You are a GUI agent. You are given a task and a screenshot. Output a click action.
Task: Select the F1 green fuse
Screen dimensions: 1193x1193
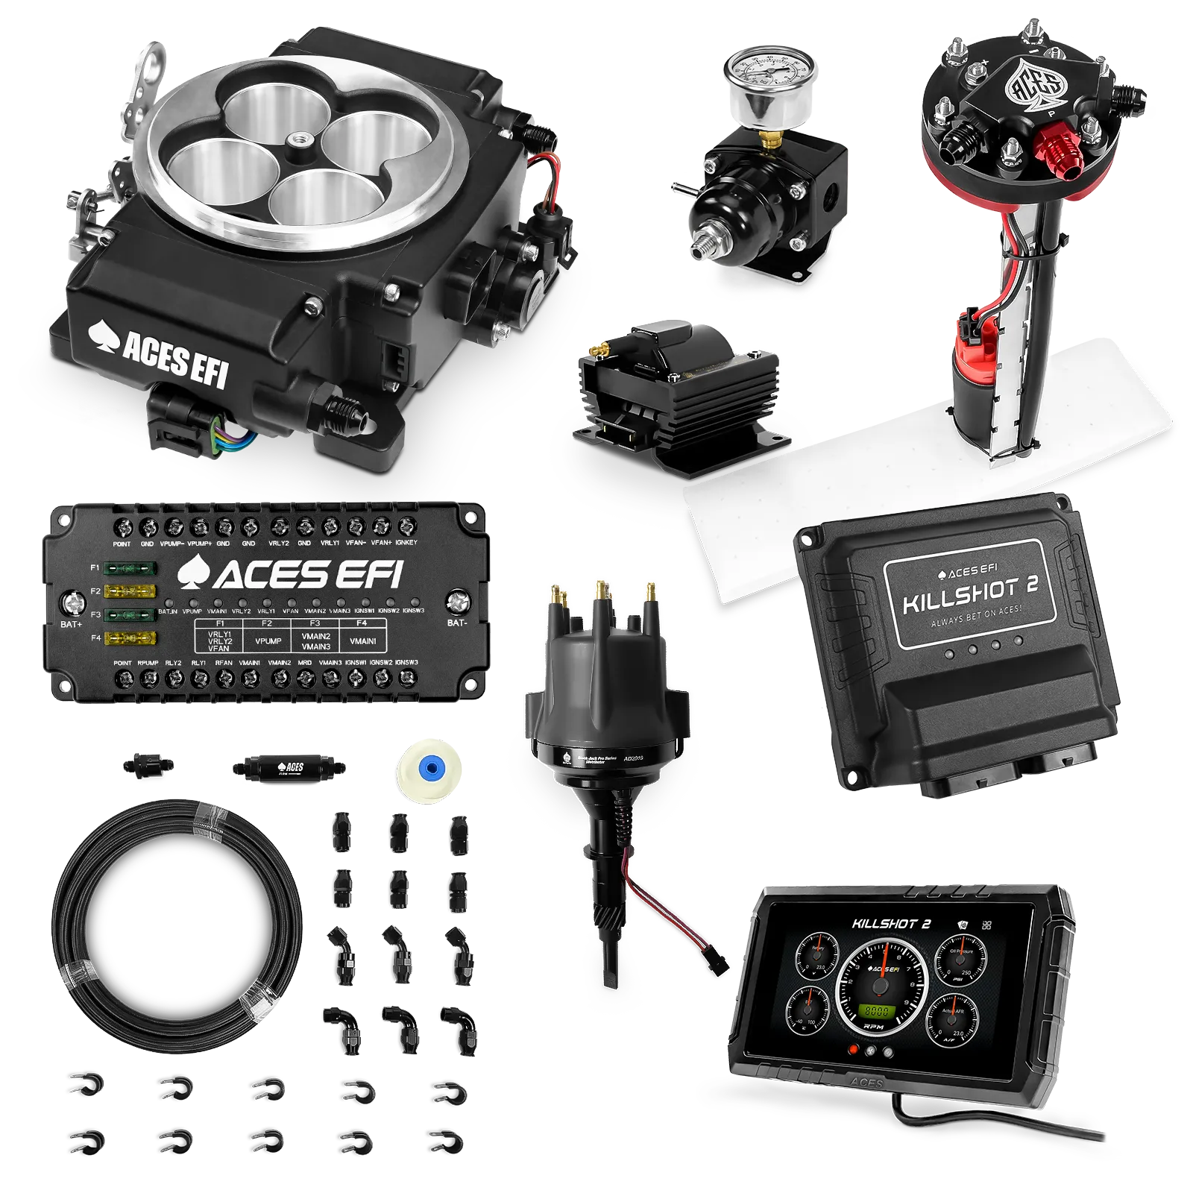tap(130, 568)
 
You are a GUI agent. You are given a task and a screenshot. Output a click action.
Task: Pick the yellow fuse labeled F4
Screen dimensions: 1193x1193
tap(130, 638)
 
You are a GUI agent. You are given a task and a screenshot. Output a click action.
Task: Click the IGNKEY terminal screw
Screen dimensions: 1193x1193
tap(406, 526)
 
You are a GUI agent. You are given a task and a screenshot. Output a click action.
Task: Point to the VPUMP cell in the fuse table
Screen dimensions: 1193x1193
tap(268, 640)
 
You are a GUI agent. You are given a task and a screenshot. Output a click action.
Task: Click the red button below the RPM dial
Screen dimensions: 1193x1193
tap(855, 1050)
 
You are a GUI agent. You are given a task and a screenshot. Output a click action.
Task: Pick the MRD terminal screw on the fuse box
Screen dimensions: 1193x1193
tap(305, 678)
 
